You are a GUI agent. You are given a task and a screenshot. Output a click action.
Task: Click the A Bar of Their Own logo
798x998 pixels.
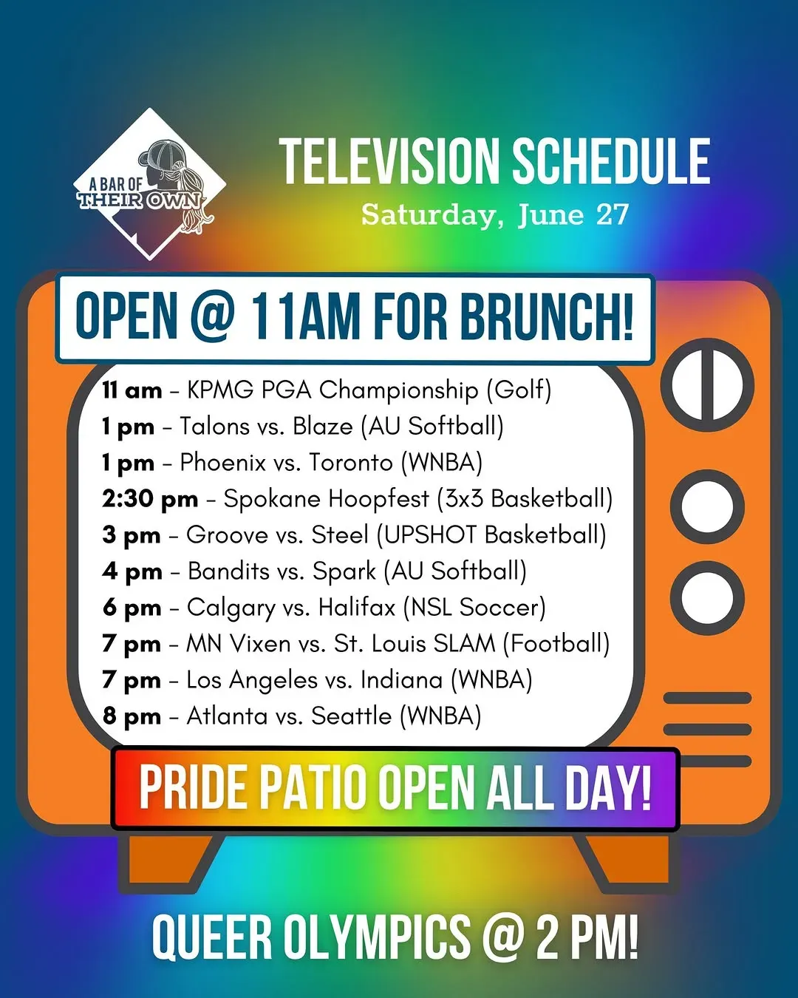149,183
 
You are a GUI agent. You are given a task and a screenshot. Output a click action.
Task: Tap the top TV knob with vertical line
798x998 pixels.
707,385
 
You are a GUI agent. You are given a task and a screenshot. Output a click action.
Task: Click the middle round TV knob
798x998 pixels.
707,506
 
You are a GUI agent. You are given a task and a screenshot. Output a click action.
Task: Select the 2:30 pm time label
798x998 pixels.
150,499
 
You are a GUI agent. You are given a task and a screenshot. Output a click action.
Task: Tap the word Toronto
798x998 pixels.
352,463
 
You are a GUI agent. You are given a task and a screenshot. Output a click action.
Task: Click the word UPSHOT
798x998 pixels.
431,534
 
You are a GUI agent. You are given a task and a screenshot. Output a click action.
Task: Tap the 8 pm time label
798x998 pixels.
132,716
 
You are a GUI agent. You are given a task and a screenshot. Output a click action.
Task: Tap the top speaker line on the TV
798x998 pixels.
707,698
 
